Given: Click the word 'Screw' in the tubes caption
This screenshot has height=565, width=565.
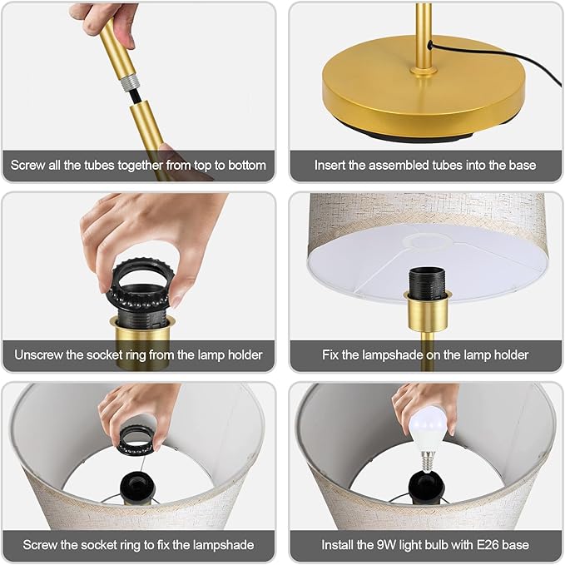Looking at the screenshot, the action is point(27,166).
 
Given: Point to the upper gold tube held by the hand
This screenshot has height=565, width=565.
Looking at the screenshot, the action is point(117,48).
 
